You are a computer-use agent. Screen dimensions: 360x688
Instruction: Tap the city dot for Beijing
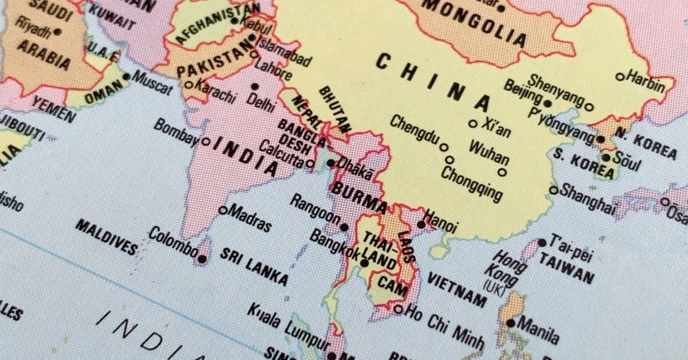(548, 104)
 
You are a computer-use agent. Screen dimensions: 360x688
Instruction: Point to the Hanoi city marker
(421, 224)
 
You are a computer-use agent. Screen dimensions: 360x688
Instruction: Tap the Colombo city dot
(202, 259)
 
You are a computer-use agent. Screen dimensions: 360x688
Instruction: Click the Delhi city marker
(255, 87)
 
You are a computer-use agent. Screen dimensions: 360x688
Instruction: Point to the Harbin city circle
(620, 76)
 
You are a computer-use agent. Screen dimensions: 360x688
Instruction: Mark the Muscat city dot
(127, 76)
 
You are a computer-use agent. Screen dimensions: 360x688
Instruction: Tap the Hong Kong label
(505, 269)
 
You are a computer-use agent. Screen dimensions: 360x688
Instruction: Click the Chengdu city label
(415, 131)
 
